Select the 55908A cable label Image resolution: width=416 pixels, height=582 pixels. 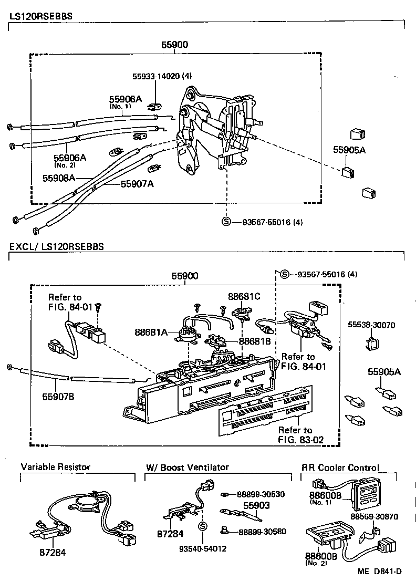(x=59, y=178)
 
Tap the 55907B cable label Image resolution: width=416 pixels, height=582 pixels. (x=58, y=396)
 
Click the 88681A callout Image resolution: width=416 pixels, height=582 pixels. (x=151, y=331)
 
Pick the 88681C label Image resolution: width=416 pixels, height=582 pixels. (x=244, y=296)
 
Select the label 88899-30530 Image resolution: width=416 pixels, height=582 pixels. (x=261, y=494)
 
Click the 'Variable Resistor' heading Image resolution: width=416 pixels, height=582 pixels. (x=56, y=466)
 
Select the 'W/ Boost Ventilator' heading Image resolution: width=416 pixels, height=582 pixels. (x=187, y=466)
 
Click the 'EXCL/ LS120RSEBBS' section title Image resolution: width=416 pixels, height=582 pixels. (x=56, y=246)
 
